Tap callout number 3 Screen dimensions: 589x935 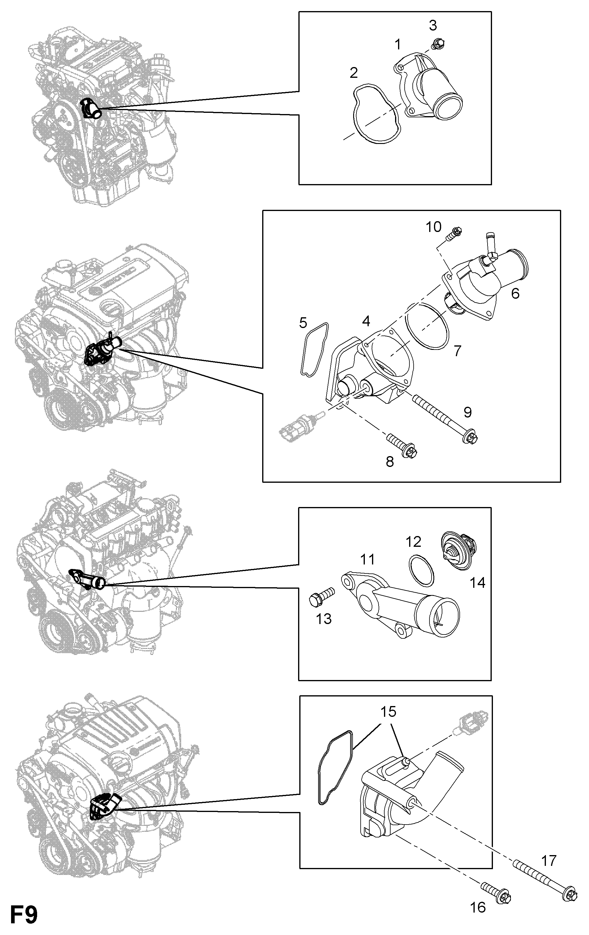432,26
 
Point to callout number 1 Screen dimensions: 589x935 397,45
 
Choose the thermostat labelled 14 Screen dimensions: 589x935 459,551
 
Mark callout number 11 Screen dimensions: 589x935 367,559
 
